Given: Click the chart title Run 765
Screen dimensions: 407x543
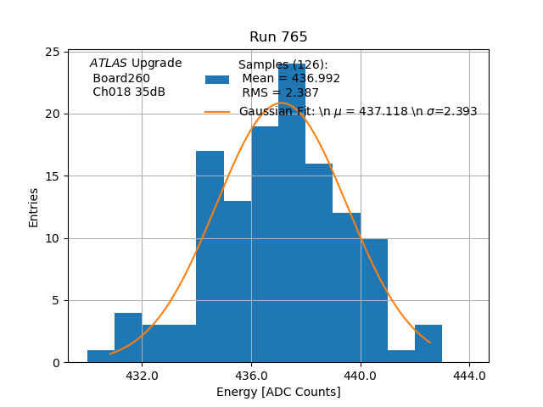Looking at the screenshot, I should click(278, 37).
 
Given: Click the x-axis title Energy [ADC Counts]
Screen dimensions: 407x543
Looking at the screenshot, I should click(278, 392).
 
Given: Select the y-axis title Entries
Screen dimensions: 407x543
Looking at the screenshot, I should click(34, 207).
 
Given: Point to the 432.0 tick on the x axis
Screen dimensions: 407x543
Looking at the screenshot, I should click(142, 375).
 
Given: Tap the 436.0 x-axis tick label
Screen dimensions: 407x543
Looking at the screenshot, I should click(251, 375).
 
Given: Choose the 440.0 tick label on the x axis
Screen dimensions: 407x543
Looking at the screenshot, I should click(361, 375).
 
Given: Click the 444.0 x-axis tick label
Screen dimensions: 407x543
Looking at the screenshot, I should click(469, 375).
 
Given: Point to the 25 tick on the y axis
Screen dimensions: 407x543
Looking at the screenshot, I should click(52, 52).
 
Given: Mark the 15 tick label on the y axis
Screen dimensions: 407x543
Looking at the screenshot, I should click(52, 176).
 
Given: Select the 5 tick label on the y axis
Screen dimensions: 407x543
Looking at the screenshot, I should click(55, 300).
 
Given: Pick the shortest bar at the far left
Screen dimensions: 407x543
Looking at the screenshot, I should click(101, 356).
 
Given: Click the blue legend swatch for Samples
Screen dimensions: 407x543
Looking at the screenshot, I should click(217, 80).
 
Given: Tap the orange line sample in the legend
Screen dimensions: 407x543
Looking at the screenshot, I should click(217, 111).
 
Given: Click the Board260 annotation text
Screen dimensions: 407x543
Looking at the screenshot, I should click(121, 78).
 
